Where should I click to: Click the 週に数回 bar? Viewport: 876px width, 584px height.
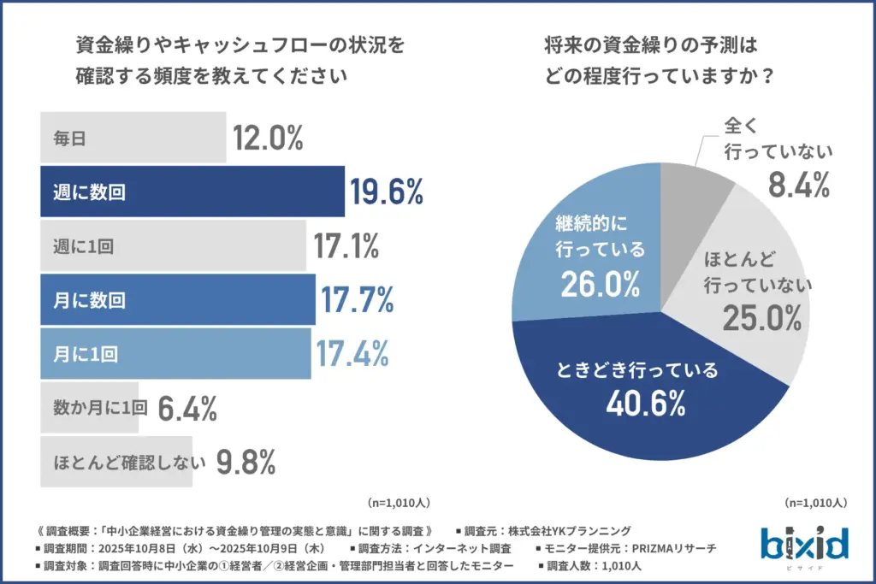click(x=192, y=192)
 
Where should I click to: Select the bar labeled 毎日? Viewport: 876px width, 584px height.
click(x=133, y=137)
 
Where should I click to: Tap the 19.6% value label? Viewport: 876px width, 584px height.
click(x=386, y=192)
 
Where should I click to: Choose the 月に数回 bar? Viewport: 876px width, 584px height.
click(x=178, y=299)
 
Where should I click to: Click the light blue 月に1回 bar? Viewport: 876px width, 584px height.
click(x=176, y=352)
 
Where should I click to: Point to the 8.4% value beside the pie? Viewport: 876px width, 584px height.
click(x=798, y=183)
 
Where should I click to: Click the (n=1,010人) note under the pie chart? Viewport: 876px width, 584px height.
click(x=815, y=503)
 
